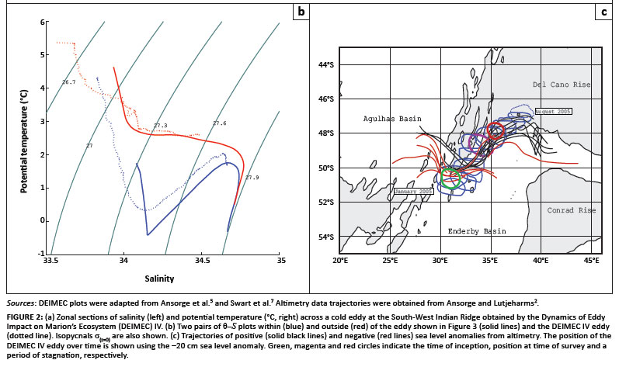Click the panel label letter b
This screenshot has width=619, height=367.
point(300,11)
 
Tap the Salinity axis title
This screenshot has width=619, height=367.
point(163,276)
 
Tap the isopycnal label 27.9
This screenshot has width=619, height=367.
point(252,178)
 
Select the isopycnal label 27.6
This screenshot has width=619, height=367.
point(219,123)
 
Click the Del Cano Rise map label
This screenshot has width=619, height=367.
point(560,83)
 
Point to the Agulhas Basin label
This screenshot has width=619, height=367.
point(393,119)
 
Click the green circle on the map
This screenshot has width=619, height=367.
point(450,178)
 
